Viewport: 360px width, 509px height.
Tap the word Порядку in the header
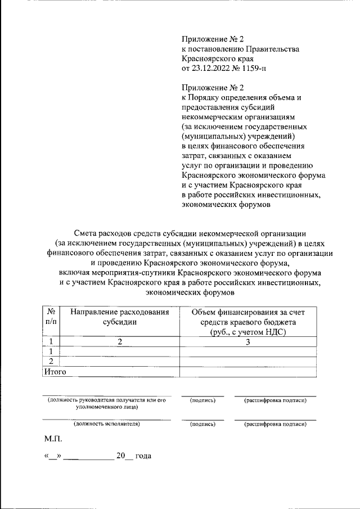[x=208, y=97]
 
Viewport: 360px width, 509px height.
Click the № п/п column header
[x=51, y=317]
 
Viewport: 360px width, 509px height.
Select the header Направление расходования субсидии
[x=119, y=317]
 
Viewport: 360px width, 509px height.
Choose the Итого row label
[x=55, y=371]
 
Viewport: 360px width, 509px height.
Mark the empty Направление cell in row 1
[x=119, y=352]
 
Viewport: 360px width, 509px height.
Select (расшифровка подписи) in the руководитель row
[x=275, y=400]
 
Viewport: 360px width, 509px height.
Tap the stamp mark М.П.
[x=53, y=438]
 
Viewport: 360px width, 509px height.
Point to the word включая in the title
[x=74, y=273]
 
